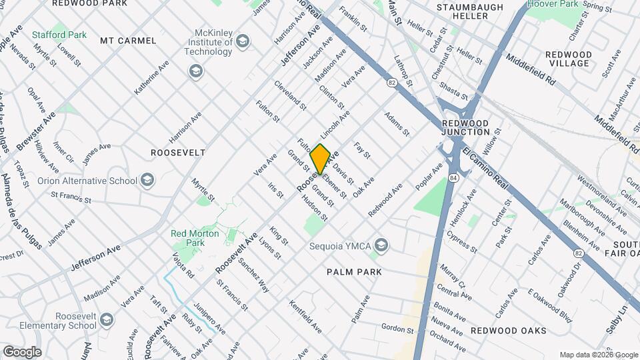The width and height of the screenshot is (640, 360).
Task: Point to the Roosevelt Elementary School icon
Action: point(106,323)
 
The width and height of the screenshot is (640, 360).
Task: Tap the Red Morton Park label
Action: point(197,239)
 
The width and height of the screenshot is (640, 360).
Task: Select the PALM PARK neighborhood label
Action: point(354,272)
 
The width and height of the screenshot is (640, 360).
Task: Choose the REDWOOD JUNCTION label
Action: point(465,128)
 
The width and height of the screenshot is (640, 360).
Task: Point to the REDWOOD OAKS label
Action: point(508,331)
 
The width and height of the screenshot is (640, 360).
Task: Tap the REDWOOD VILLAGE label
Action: point(569,59)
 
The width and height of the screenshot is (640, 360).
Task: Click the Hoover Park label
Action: point(553,4)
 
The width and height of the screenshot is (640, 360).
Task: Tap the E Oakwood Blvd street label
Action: point(549,305)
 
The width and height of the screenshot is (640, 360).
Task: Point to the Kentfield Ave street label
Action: point(305,317)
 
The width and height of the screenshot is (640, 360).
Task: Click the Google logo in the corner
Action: point(22,351)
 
